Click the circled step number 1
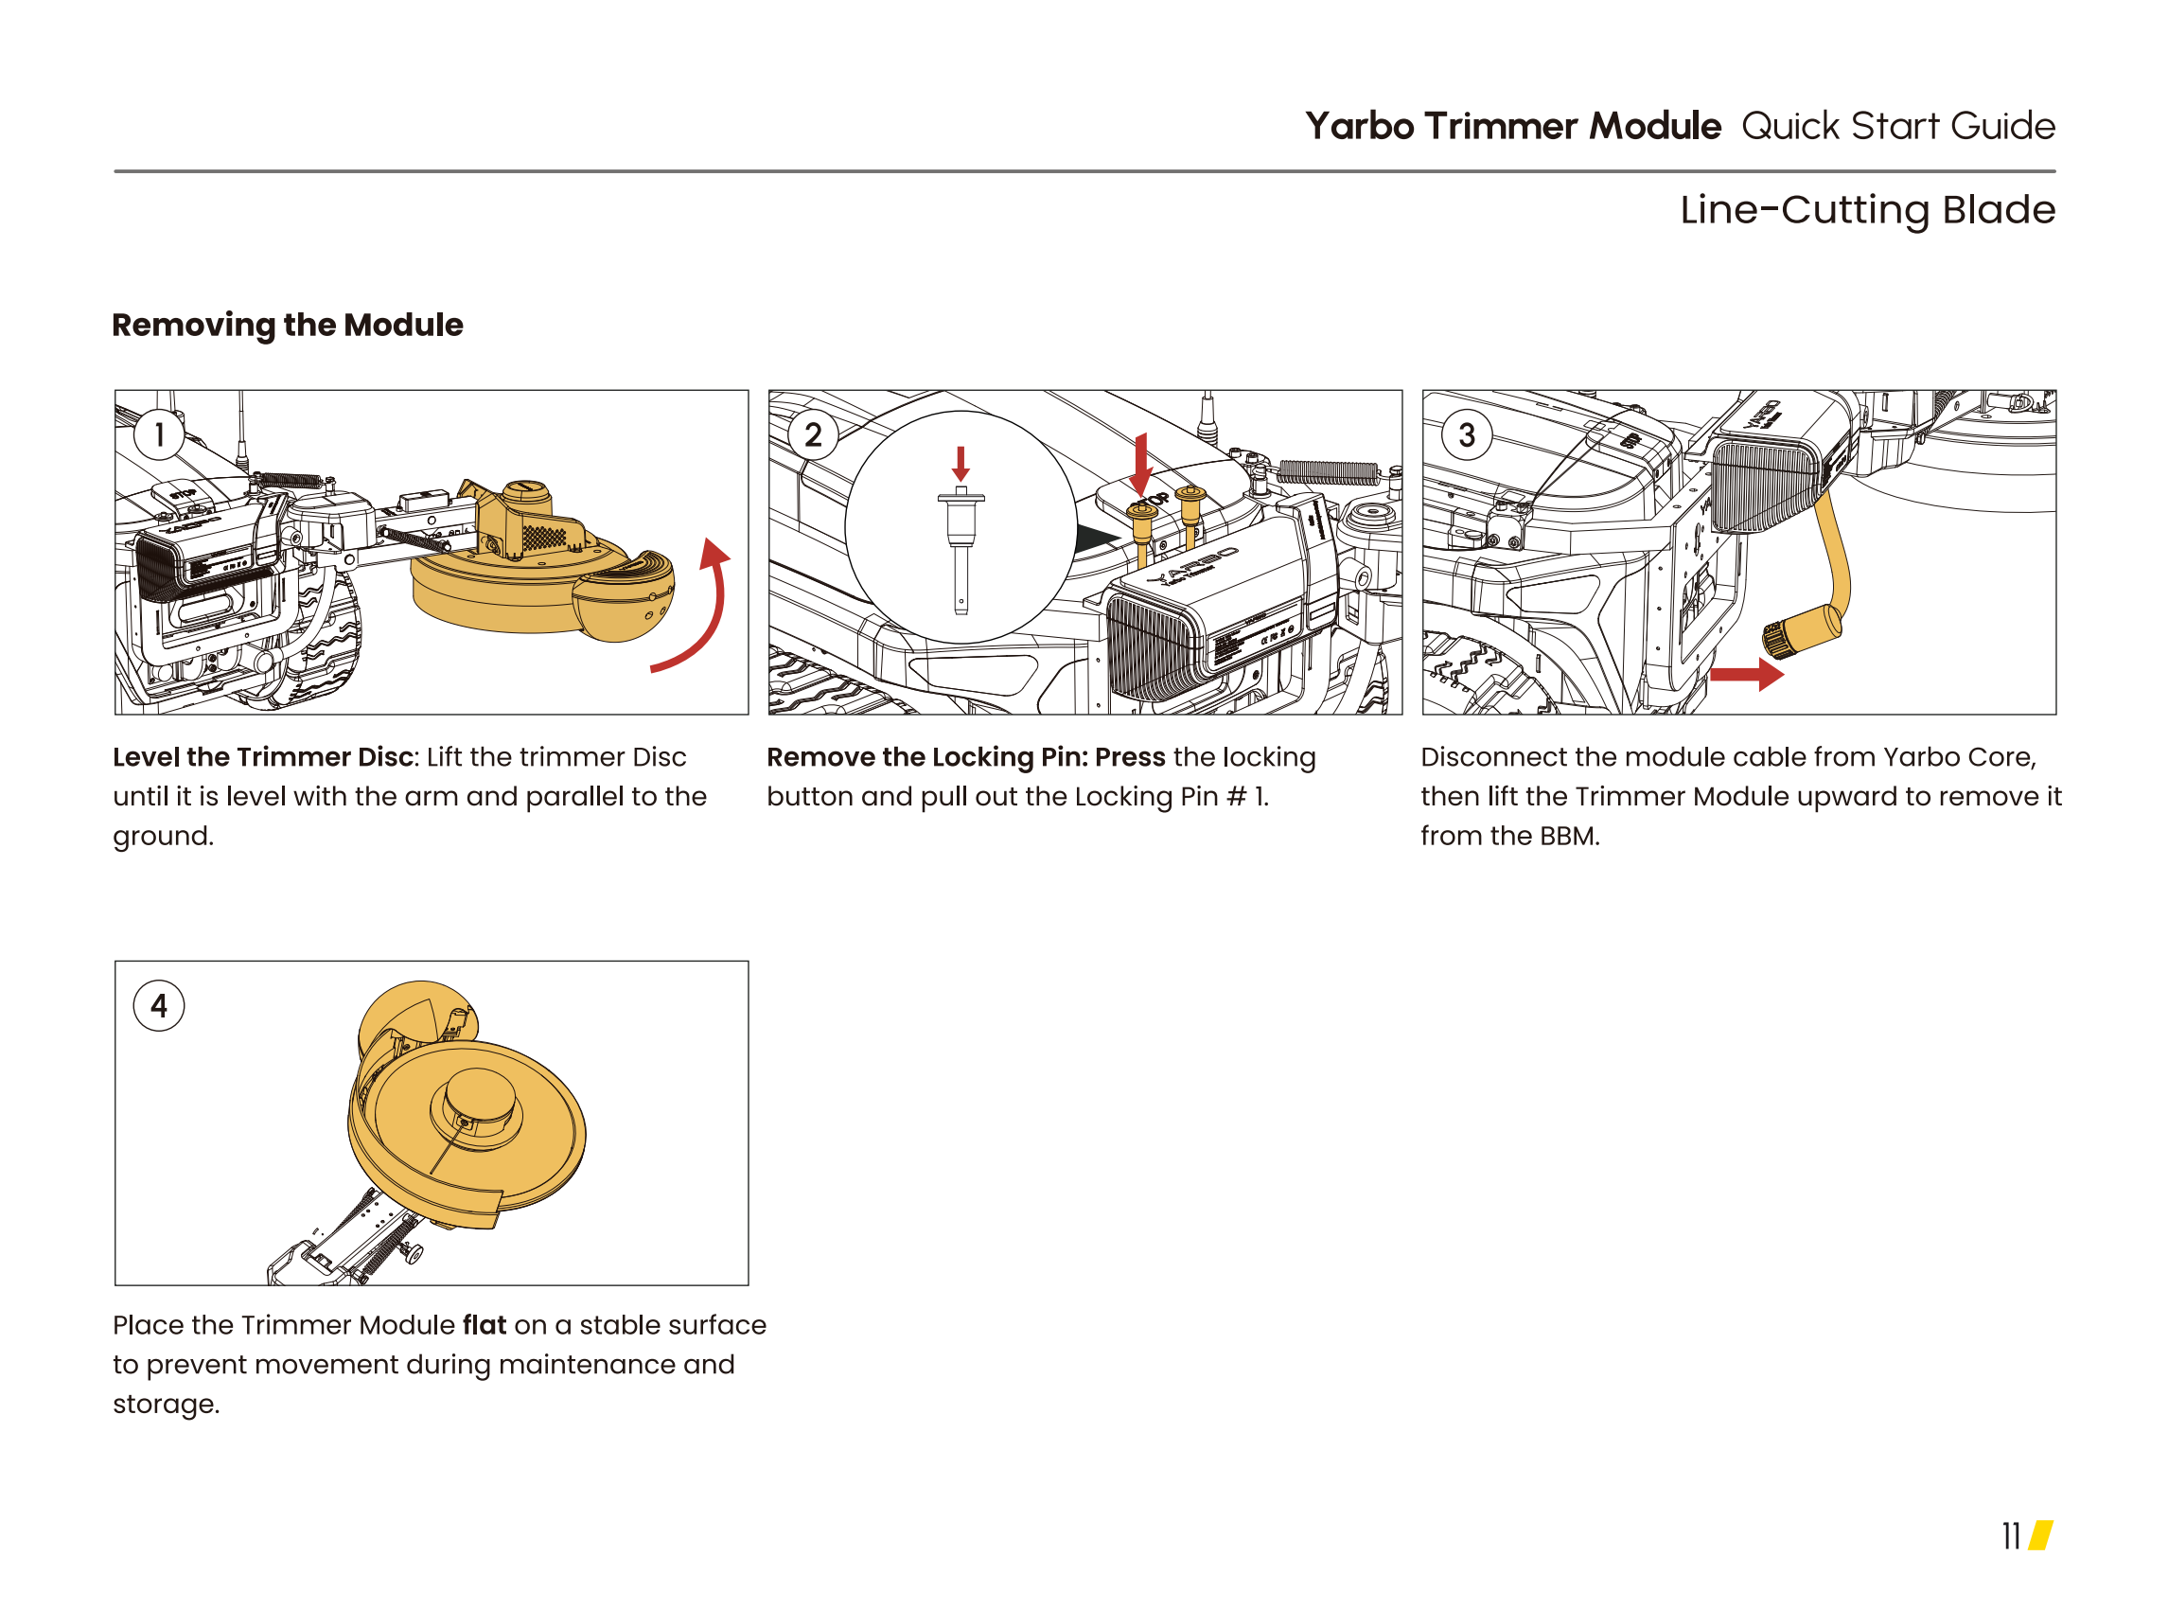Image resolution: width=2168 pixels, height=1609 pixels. coord(159,434)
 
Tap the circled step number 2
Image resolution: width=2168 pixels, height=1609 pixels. coord(812,434)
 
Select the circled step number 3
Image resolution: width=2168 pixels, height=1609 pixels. coord(1466,434)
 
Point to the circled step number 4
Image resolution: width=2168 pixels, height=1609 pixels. coord(159,1005)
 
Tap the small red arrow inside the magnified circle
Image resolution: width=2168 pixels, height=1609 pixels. coord(961,464)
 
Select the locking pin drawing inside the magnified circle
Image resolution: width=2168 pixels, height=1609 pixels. coord(961,550)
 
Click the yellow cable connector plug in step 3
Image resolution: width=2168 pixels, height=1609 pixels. coord(1800,631)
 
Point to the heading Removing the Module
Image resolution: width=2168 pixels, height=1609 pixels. coord(288,325)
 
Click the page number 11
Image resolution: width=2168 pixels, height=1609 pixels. coord(2010,1536)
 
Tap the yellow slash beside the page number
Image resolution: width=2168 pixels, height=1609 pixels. coord(2040,1536)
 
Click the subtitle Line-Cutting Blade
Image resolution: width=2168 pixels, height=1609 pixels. coord(1867,209)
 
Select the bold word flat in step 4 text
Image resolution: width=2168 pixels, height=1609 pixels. coord(485,1325)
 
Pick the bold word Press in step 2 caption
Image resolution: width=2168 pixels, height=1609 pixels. coord(1130,757)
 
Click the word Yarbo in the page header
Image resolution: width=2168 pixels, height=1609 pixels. coord(1359,127)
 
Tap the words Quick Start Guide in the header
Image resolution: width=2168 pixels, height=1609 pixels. coord(1898,127)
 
